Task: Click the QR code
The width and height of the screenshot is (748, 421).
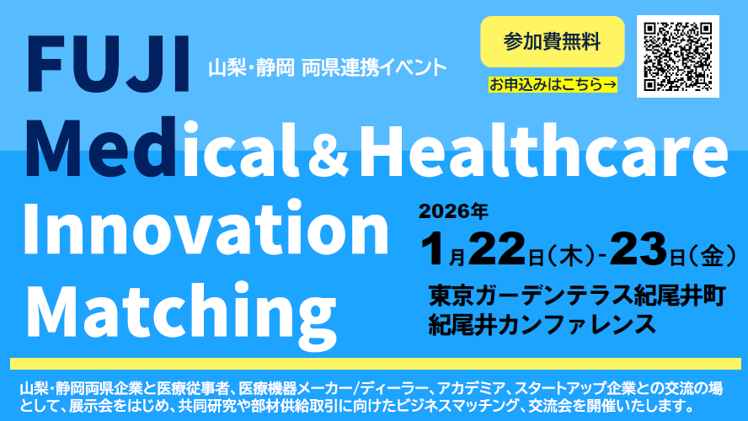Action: point(678,56)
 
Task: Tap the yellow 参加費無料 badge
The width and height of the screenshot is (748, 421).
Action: point(552,41)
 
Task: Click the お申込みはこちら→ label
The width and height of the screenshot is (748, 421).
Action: point(552,84)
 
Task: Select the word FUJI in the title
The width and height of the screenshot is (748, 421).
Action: point(108,65)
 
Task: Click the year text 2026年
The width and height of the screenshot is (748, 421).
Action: point(457,210)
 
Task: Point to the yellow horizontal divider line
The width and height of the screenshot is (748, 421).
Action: point(374,365)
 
